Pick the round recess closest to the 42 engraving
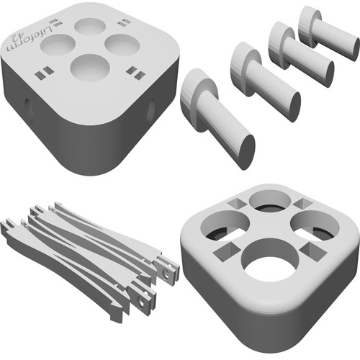58,45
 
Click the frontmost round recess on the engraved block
90,68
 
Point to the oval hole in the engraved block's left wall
27,108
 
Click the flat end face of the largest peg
248,152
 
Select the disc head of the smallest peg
309,26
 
